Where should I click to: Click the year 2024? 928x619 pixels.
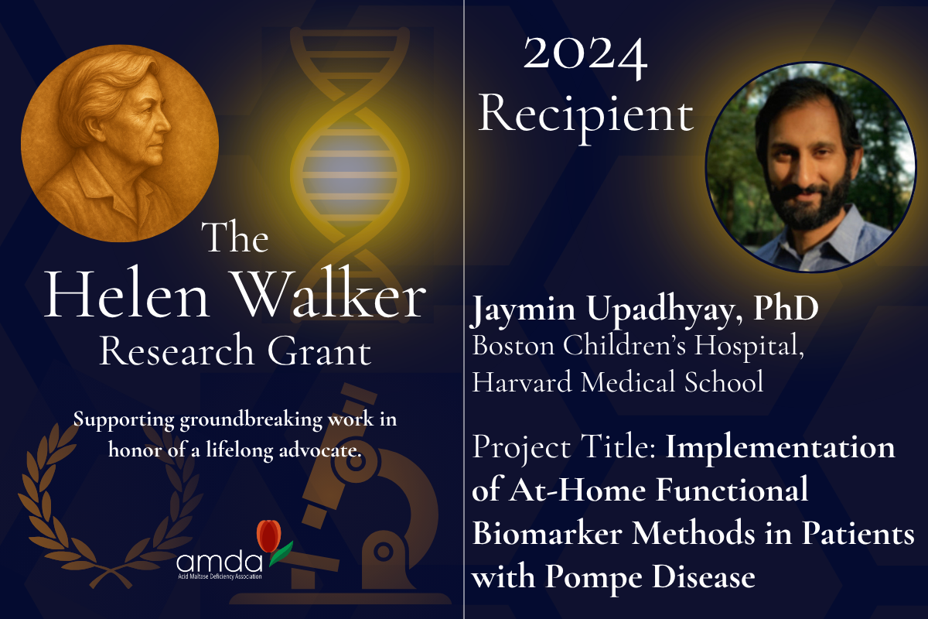[x=585, y=56]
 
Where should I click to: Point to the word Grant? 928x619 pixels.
[x=319, y=351]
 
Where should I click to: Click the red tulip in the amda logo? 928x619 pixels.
[x=269, y=535]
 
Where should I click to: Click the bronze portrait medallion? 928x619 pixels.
[x=120, y=143]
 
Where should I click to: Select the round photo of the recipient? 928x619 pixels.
[x=810, y=167]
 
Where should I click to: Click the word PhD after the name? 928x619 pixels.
[x=786, y=309]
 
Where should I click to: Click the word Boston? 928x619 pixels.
[x=513, y=345]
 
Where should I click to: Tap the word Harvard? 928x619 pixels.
[x=522, y=381]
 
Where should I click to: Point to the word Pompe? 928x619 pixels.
[x=593, y=578]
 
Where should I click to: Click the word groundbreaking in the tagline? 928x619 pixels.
[x=251, y=420]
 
